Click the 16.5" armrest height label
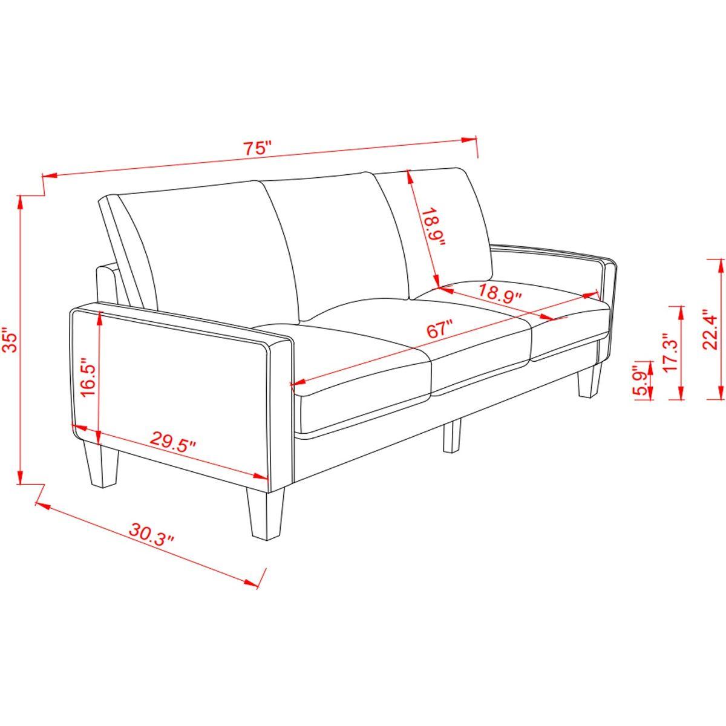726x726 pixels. [x=88, y=378]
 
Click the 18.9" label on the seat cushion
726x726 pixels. [x=500, y=292]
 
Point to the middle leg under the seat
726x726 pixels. [x=452, y=436]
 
